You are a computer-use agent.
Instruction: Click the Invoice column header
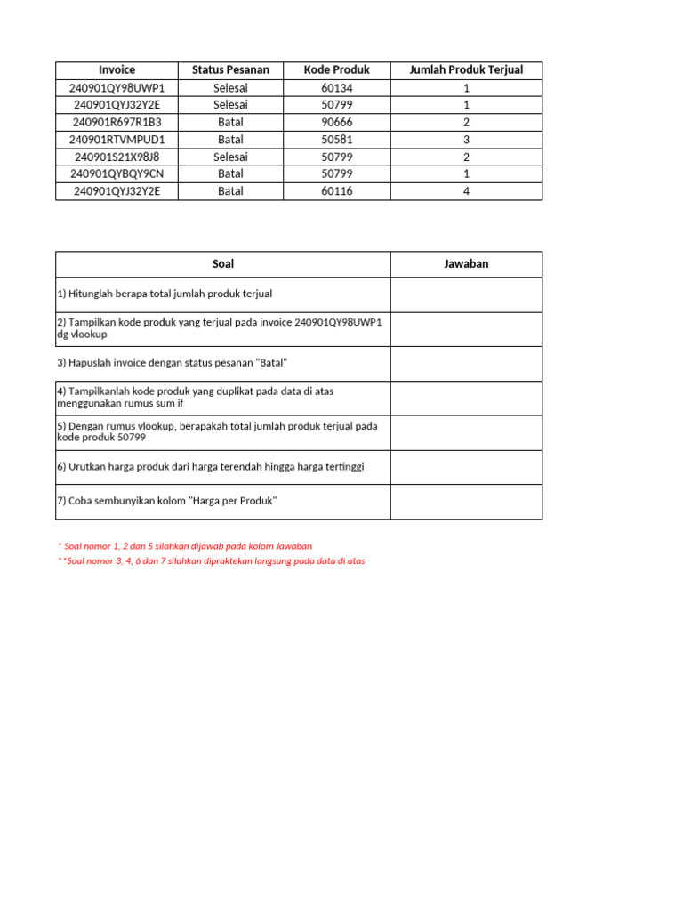pos(117,69)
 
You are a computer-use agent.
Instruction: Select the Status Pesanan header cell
pos(230,69)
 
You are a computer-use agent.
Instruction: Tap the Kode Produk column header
pos(336,69)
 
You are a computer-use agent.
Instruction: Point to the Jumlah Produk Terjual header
pos(466,69)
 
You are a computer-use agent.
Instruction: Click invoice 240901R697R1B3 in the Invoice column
pos(117,122)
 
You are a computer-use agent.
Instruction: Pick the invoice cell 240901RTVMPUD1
pos(117,140)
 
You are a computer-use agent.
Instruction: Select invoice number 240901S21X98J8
pos(117,157)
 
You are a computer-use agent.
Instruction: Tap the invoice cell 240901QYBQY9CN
pos(117,173)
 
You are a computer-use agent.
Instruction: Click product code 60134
pos(336,88)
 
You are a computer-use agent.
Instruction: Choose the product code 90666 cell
pos(336,122)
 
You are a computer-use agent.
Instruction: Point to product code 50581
pos(336,140)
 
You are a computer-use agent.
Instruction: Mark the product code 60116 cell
pos(336,191)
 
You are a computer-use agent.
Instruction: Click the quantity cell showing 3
pos(466,140)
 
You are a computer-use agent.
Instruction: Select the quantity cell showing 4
pos(466,191)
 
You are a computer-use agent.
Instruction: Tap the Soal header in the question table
pos(223,264)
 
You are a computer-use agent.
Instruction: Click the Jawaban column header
pos(466,264)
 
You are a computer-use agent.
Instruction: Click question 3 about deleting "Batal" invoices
pos(173,363)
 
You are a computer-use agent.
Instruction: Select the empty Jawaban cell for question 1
pos(466,294)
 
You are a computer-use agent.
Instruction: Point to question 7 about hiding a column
pos(167,501)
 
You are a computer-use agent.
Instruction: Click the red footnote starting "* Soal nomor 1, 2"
pos(185,546)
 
